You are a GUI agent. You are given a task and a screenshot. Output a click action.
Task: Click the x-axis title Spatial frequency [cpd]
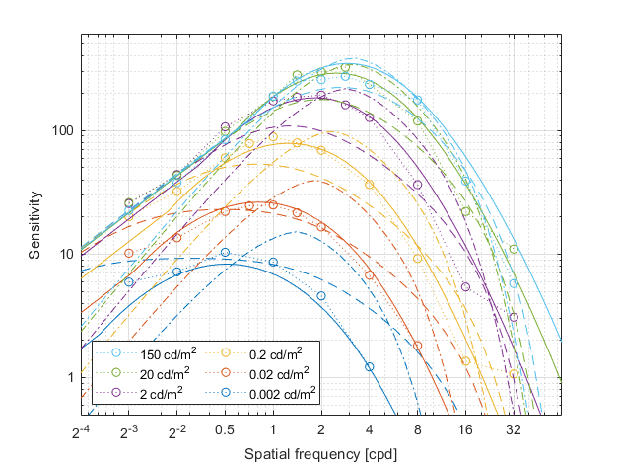[x=320, y=454]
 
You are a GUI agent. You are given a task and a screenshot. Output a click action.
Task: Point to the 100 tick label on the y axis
[x=64, y=131]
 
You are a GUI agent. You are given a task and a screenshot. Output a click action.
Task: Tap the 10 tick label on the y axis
[x=68, y=255]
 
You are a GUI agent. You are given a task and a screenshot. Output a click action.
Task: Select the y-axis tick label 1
[x=72, y=378]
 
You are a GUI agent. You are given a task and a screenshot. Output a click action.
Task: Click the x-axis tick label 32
[x=514, y=431]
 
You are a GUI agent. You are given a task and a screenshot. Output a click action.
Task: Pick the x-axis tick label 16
[x=465, y=431]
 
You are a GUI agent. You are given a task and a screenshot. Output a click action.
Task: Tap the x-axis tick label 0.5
[x=225, y=431]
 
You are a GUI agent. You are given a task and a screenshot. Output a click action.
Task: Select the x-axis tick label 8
[x=417, y=431]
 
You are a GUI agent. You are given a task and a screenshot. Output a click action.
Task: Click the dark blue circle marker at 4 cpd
[x=370, y=366]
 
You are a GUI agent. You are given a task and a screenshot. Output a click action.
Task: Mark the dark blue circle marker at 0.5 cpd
[x=225, y=253]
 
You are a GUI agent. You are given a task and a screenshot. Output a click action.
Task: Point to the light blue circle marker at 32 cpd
[x=514, y=283]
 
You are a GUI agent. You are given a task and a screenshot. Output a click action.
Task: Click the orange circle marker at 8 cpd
[x=417, y=346]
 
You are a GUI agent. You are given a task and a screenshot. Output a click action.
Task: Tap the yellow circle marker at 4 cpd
[x=370, y=185]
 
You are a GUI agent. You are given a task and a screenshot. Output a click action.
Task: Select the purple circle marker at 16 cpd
[x=465, y=286]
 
